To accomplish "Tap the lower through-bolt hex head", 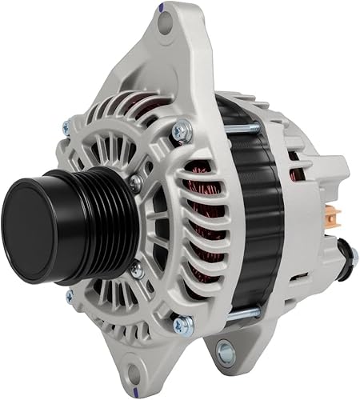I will coord(183,324).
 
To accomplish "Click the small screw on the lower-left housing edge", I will coord(70,295).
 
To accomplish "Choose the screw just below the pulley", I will coord(137,269).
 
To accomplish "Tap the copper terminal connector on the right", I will coord(334,214).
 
